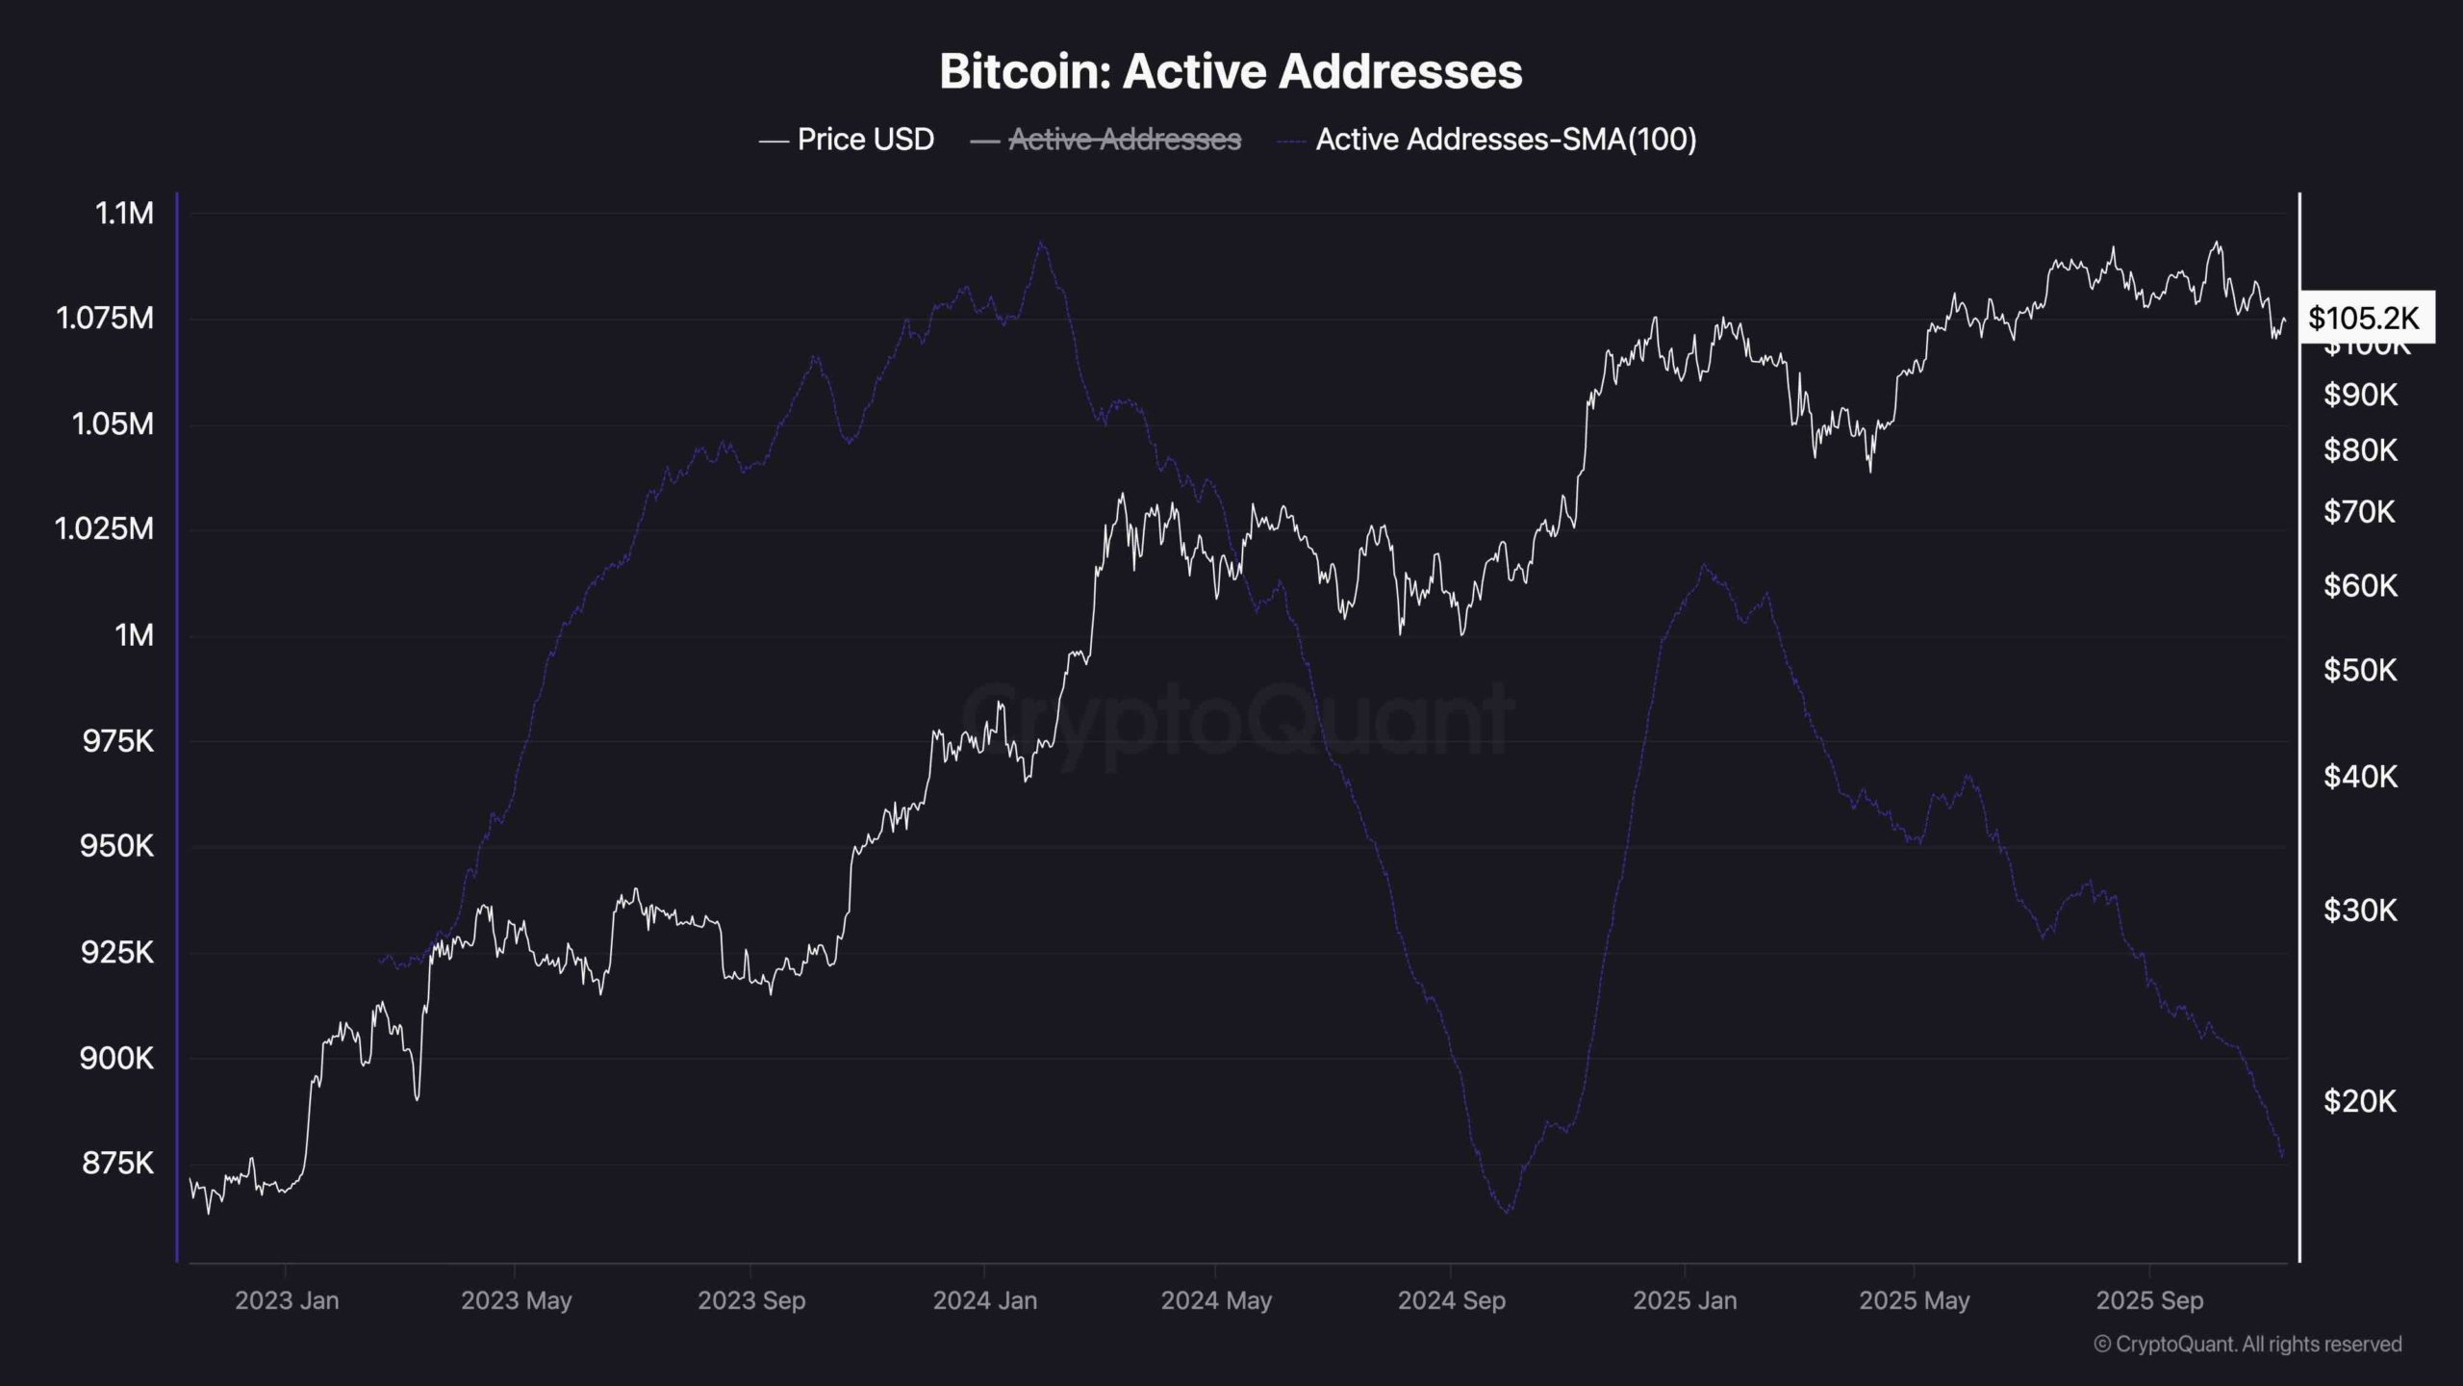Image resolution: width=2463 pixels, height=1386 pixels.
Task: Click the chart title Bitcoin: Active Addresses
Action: pos(1231,71)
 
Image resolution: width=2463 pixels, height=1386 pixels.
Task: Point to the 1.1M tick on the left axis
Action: pos(124,213)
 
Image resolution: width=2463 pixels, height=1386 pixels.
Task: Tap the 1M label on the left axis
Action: pos(134,635)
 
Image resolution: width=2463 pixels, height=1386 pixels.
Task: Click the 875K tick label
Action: pos(117,1164)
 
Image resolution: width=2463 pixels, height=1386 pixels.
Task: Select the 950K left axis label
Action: pos(117,847)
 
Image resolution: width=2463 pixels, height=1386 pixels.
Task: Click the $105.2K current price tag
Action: pos(2364,318)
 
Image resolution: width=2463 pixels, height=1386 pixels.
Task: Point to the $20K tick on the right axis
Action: pos(2359,1101)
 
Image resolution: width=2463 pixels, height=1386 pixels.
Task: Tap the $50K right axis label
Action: pos(2359,670)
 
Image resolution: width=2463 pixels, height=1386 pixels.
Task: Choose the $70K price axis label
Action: pos(2359,511)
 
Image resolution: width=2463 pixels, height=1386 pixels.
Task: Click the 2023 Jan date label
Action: pos(287,1300)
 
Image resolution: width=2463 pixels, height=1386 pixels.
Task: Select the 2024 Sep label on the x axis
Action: pos(1451,1300)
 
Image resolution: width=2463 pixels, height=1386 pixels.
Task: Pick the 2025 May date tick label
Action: pos(1914,1300)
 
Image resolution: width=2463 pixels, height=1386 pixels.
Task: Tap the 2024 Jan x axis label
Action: pos(985,1300)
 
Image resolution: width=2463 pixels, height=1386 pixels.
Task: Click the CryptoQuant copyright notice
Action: pos(2247,1344)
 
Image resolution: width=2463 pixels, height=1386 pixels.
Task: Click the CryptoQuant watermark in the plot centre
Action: pos(1236,717)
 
